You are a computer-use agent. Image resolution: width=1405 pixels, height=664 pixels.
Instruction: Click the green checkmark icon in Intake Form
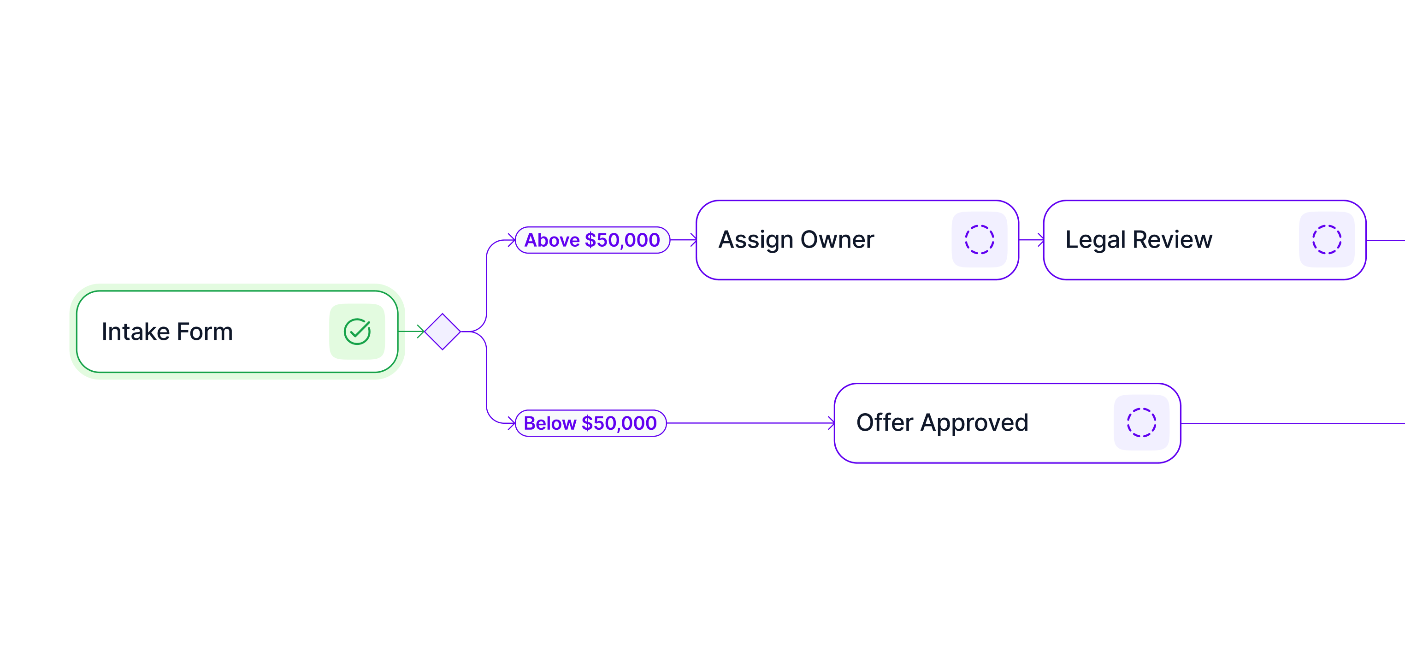(357, 331)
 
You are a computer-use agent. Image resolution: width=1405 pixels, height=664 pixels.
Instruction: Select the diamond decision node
(443, 331)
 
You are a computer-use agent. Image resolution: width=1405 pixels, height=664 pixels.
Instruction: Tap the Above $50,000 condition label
(592, 240)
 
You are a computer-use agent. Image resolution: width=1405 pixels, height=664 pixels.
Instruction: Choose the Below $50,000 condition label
(590, 423)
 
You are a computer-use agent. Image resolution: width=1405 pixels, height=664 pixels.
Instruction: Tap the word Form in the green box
(205, 332)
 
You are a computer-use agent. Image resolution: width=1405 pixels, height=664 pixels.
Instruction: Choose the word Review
(1172, 239)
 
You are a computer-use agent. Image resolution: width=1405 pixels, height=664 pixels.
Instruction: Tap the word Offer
(885, 422)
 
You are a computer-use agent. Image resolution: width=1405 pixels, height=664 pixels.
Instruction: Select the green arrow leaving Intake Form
(411, 331)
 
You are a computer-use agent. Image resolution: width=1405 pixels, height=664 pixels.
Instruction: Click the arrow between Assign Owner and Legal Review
(1031, 239)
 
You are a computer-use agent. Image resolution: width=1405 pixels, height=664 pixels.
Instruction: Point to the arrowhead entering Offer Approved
(831, 423)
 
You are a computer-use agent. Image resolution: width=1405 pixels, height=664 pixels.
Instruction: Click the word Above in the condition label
(552, 240)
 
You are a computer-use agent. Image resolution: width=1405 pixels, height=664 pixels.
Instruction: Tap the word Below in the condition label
(550, 423)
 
